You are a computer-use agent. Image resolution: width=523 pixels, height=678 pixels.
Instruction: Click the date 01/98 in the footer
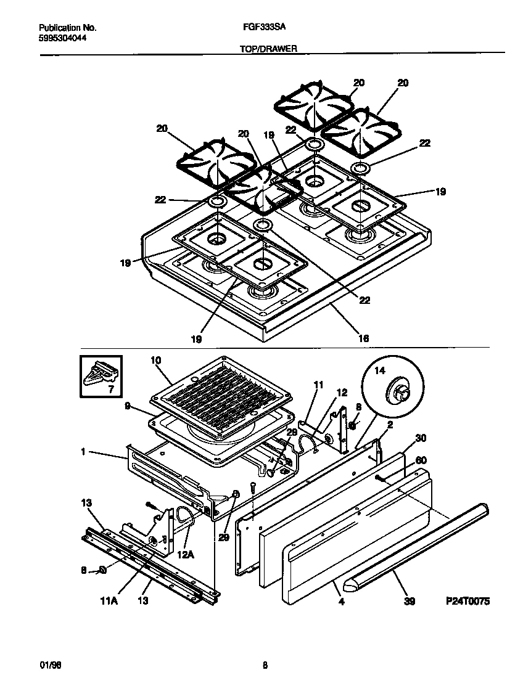[x=49, y=665]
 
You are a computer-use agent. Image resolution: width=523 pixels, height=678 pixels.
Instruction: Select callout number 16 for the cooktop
[x=364, y=338]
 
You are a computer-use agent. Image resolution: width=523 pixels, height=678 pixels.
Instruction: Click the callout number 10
[x=155, y=359]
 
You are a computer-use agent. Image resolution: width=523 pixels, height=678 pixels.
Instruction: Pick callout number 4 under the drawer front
[x=341, y=602]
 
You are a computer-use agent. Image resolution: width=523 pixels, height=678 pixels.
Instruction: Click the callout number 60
[x=421, y=460]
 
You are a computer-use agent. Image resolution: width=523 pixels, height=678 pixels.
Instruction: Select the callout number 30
[x=421, y=439]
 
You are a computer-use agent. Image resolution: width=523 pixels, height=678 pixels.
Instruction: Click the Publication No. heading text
[x=67, y=28]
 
